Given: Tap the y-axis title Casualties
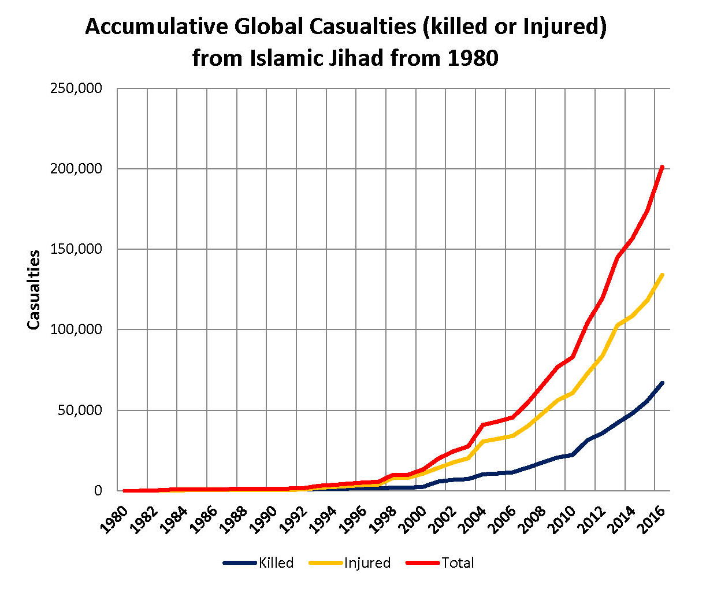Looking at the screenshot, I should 34,290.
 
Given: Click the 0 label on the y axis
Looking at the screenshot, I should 98,490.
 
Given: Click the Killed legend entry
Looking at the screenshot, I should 276,563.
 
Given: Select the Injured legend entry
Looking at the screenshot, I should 367,563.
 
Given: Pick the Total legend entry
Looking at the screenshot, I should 458,563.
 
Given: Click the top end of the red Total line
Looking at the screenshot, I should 662,167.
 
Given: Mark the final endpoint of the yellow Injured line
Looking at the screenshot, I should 662,275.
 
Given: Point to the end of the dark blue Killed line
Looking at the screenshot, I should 662,383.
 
